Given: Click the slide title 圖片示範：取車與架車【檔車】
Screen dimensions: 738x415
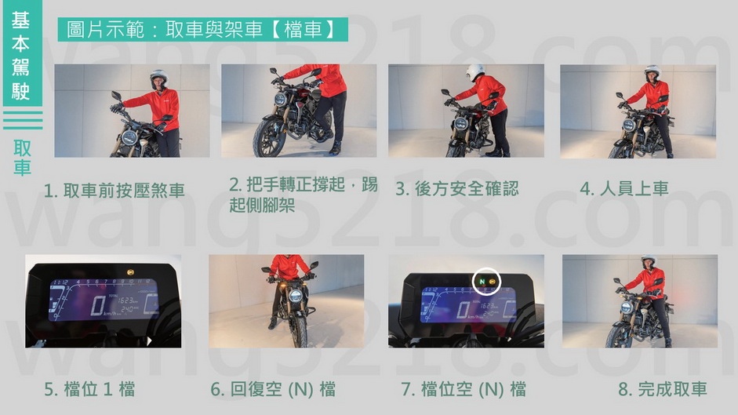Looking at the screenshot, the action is click(x=202, y=29).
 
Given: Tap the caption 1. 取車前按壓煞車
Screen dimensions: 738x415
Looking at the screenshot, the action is click(x=115, y=191).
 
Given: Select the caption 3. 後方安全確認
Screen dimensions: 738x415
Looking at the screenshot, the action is click(x=457, y=188).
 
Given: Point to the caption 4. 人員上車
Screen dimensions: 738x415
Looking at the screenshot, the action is click(x=624, y=188).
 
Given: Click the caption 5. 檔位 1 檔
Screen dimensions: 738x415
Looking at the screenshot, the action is click(x=89, y=390).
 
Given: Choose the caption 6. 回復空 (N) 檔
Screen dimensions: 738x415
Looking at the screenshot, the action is click(x=273, y=390).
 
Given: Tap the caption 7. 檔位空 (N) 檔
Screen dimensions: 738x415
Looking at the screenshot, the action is click(x=464, y=390).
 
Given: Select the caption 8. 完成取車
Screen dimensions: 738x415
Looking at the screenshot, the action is click(x=663, y=389).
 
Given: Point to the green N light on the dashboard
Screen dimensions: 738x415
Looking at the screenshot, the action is click(x=482, y=282).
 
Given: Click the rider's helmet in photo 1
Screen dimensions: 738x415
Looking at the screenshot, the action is click(x=158, y=78).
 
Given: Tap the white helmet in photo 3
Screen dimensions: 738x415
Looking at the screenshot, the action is click(x=475, y=72).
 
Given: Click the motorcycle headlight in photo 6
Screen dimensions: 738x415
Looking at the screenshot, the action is click(x=296, y=297).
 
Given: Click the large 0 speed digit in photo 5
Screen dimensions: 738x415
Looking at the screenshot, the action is click(x=98, y=305).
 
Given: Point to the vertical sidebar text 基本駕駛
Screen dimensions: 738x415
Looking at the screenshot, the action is click(x=20, y=56).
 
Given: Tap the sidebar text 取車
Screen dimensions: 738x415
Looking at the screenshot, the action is click(x=22, y=158).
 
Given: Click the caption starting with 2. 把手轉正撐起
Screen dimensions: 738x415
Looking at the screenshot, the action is click(x=303, y=194).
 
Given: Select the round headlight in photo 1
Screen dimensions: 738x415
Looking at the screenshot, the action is click(x=129, y=137).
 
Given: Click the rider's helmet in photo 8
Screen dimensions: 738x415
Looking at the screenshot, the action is click(x=649, y=260).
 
